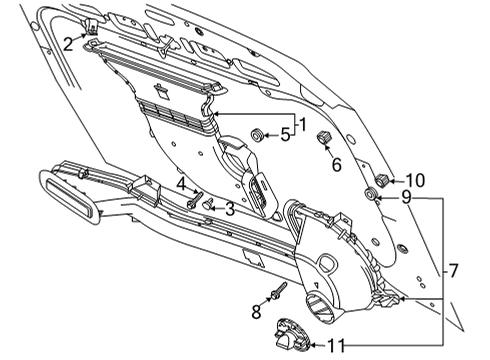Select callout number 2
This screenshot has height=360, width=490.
(67, 43)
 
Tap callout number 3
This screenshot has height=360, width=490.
(230, 210)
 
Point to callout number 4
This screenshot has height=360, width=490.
(181, 184)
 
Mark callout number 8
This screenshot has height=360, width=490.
(256, 312)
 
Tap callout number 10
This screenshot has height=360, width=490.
(414, 180)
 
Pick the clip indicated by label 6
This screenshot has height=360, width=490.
(324, 137)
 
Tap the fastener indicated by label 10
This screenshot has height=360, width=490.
(382, 179)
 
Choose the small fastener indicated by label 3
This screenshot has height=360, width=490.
(208, 205)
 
